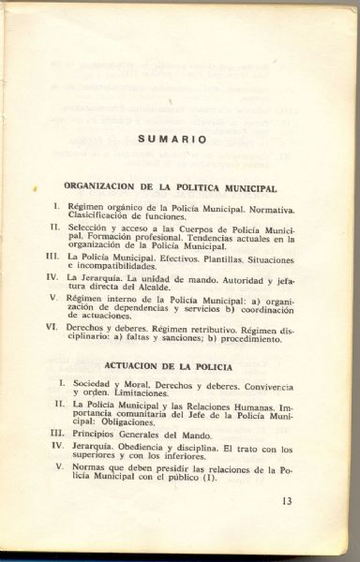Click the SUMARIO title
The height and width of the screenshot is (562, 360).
click(x=172, y=139)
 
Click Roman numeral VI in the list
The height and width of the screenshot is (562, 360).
click(x=54, y=329)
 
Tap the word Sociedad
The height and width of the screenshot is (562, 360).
click(x=94, y=384)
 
